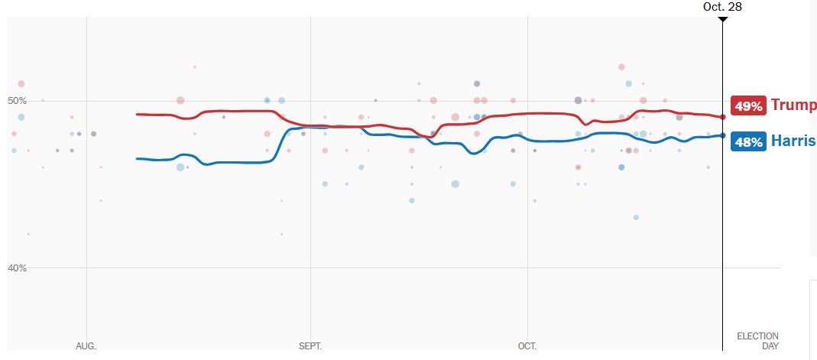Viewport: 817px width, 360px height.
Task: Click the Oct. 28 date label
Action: click(722, 7)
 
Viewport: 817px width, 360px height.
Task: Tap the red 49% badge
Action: click(749, 106)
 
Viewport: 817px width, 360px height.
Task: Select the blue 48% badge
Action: click(749, 141)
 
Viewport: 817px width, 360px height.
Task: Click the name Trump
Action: click(793, 105)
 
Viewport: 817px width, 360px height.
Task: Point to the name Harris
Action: click(793, 141)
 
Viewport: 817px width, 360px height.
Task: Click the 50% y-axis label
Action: click(17, 101)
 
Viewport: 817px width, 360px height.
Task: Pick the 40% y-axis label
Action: click(17, 268)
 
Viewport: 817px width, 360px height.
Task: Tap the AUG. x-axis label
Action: click(86, 346)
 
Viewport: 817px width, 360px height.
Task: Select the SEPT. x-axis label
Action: click(310, 346)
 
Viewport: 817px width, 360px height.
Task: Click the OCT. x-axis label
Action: click(527, 346)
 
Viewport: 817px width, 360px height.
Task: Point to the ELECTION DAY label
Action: click(757, 341)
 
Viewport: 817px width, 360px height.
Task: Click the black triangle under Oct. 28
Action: click(722, 19)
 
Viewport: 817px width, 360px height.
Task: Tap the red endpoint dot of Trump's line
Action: click(722, 117)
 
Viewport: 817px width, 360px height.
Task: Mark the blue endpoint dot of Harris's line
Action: click(722, 135)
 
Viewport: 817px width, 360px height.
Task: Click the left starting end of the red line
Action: click(137, 114)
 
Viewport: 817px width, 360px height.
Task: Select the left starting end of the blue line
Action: click(137, 158)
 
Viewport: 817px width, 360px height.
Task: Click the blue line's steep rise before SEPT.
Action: click(280, 144)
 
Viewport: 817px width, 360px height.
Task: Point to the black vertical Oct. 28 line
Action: click(722, 229)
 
